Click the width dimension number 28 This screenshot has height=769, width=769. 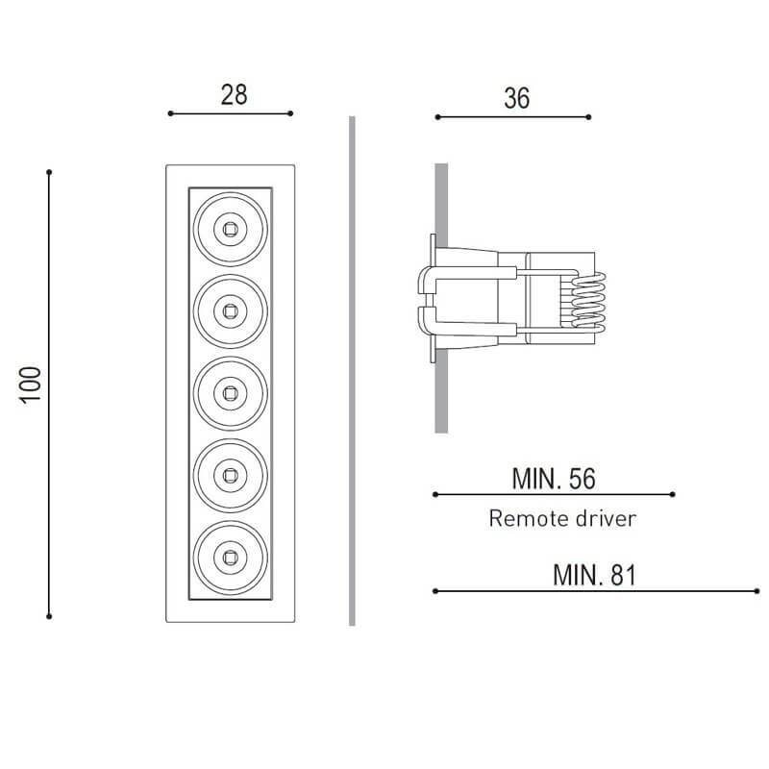[x=234, y=94]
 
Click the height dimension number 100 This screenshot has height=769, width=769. [x=31, y=384]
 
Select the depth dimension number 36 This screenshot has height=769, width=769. [x=516, y=98]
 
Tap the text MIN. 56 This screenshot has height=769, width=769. [x=554, y=478]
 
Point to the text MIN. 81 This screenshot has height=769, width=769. [x=595, y=575]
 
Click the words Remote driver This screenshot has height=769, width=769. [x=562, y=519]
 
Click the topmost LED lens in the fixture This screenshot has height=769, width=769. [x=230, y=228]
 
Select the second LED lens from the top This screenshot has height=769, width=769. [x=230, y=310]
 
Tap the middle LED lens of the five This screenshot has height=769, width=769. [x=230, y=391]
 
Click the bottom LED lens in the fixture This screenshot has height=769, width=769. [x=230, y=555]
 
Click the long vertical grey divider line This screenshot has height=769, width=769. [x=352, y=370]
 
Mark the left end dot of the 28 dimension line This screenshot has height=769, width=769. [x=170, y=113]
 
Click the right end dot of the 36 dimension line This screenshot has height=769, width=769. [x=589, y=117]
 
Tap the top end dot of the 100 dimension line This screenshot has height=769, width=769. [x=49, y=173]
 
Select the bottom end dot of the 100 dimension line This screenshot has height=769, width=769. [x=49, y=615]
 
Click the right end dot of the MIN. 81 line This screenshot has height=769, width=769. [x=758, y=590]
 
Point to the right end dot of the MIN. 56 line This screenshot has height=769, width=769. [x=674, y=494]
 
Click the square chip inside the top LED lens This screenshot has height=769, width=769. [x=230, y=228]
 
